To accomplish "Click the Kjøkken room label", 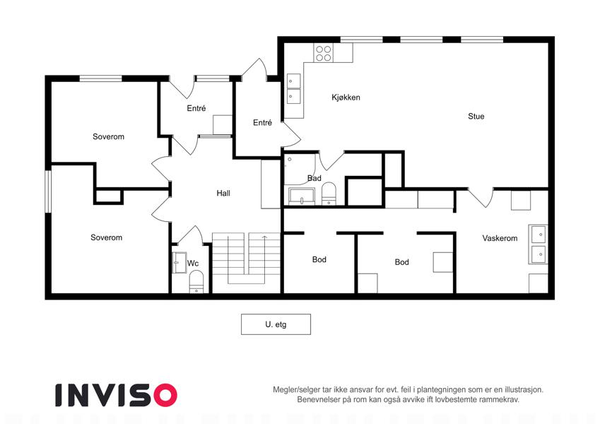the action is click(346, 98).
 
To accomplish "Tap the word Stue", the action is click(476, 117).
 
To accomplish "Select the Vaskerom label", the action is click(500, 238).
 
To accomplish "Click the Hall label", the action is click(223, 193).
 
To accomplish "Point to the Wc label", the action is click(193, 264).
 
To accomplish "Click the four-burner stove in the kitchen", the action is click(324, 53).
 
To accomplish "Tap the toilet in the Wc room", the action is click(196, 282).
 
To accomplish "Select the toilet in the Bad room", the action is click(329, 194).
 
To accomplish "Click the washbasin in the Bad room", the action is click(302, 196).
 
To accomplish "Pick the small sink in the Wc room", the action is click(179, 262).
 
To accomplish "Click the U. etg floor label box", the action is click(276, 324).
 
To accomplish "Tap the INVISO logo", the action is click(117, 395).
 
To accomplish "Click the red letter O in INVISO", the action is click(165, 395).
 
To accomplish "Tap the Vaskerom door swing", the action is click(481, 197).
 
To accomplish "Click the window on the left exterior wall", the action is click(48, 192).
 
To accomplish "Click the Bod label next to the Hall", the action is click(319, 260).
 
